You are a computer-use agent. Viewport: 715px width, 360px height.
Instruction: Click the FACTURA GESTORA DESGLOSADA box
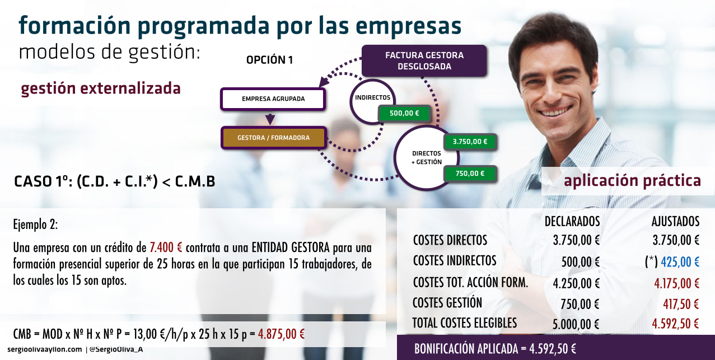point(424,60)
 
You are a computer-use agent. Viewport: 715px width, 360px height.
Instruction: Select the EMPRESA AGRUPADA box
point(273,99)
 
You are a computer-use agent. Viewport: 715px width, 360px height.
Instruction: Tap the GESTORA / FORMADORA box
point(274,138)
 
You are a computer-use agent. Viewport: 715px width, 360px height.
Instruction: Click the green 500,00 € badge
point(404,113)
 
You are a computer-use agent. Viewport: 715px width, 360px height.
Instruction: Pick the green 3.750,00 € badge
point(470,142)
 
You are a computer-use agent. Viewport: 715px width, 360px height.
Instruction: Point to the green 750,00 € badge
point(470,174)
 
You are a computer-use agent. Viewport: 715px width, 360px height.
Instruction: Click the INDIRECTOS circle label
point(372,97)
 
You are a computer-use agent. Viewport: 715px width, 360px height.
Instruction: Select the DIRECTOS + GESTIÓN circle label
point(427,158)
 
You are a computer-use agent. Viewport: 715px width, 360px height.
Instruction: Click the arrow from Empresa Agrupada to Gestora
point(270,118)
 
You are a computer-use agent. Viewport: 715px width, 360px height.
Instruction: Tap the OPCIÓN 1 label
point(269,60)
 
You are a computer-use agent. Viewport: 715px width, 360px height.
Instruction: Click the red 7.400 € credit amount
point(166,247)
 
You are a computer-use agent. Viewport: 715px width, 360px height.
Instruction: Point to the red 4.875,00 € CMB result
point(281,334)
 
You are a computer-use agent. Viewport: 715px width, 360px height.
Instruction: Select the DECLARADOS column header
point(572,222)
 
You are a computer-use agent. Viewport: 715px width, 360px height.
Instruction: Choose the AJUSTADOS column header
point(675,222)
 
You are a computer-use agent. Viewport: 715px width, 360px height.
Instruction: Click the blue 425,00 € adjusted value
point(680,262)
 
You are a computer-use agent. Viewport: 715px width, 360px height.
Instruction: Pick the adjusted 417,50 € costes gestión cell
point(681,304)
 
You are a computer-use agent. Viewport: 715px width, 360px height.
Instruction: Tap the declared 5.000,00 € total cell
point(576,324)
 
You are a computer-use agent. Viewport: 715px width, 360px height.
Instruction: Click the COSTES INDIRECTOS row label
point(455,261)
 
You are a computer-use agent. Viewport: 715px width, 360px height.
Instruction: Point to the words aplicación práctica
point(632,181)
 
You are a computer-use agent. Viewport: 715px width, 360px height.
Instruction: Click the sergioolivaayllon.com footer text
point(45,349)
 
